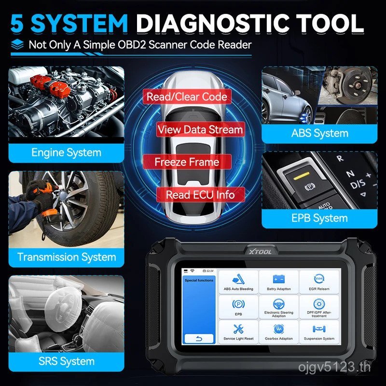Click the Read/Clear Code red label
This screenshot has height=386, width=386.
point(187,97)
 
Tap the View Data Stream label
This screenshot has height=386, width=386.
point(200,130)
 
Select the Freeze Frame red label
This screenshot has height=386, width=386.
point(186,162)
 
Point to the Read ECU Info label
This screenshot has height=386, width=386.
point(200,195)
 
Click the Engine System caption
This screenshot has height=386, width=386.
point(66,153)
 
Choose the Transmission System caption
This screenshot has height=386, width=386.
point(66,257)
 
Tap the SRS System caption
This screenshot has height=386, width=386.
point(66,361)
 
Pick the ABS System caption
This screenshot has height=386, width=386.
point(319,133)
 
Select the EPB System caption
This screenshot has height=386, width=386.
point(319,218)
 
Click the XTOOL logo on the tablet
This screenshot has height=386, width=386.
point(262,251)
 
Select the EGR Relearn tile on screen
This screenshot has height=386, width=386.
point(319,283)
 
